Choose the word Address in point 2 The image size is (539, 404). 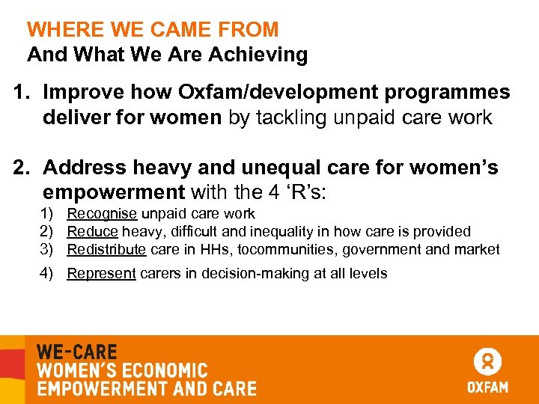[84, 168]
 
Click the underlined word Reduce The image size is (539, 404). [92, 232]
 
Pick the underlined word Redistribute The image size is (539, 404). [106, 249]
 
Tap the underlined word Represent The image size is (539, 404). [101, 274]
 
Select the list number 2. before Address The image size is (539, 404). [24, 168]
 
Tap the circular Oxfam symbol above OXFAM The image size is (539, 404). [487, 361]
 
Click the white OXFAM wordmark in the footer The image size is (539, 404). [487, 387]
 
